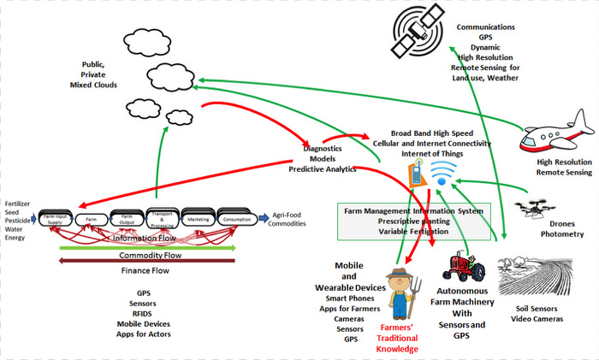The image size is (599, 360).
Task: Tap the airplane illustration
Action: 557,135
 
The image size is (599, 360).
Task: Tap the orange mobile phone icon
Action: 414,175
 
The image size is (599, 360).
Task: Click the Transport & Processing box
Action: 161,217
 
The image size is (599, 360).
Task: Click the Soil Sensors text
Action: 536,310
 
